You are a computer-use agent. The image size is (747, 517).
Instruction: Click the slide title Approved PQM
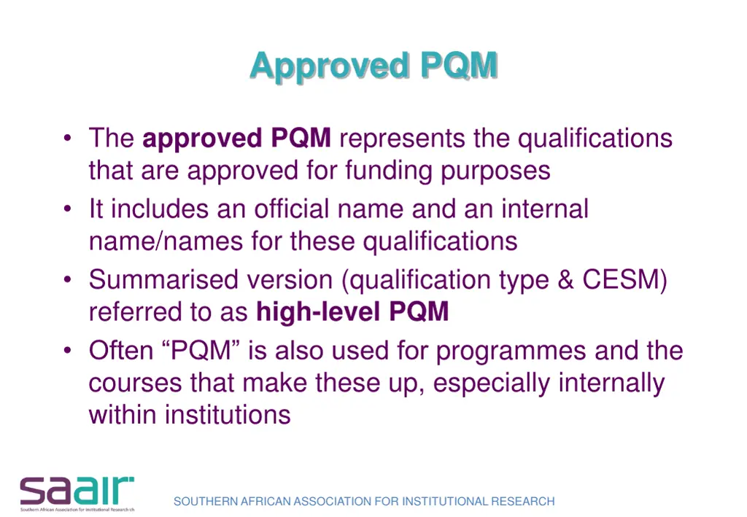click(x=373, y=66)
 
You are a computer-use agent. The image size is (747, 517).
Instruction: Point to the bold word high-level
click(x=318, y=311)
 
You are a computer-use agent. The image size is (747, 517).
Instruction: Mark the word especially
click(x=498, y=383)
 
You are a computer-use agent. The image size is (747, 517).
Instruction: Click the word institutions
click(x=227, y=414)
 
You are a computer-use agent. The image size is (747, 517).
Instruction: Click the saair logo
click(x=77, y=493)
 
